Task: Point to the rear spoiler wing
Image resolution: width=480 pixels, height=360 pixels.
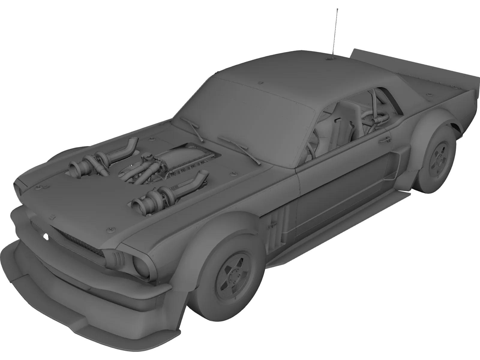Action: tap(414, 66)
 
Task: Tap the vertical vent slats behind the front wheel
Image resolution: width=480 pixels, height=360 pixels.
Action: tap(277, 222)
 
